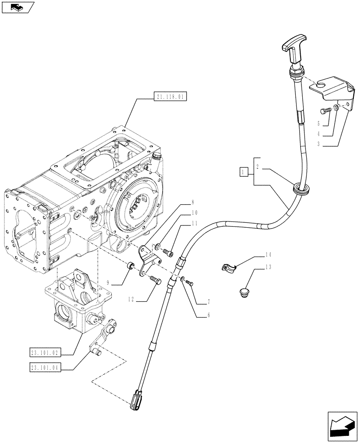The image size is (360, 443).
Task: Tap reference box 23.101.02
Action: pos(46,353)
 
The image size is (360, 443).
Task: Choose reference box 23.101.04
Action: pos(46,368)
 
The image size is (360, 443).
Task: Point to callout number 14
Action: pos(267,255)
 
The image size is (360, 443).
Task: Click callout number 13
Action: pos(267,267)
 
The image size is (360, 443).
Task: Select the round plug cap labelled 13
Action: pos(244,293)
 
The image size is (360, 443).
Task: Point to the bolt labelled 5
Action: pos(325,111)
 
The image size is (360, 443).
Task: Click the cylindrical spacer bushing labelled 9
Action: pos(130,267)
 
